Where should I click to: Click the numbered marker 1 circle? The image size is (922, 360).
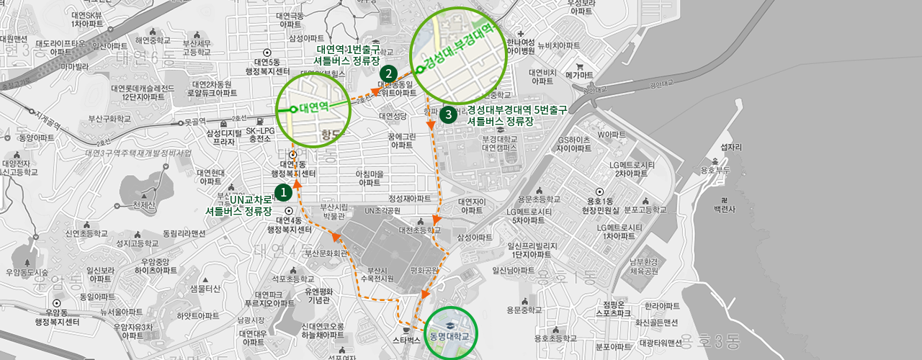click(284, 192)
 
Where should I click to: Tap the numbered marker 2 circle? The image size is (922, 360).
click(388, 73)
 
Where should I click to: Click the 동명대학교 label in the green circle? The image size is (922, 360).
click(449, 336)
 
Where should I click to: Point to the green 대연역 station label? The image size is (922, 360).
click(314, 107)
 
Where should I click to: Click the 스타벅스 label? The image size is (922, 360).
click(406, 339)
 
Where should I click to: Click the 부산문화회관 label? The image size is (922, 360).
click(326, 253)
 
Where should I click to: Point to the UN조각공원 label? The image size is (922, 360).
click(382, 211)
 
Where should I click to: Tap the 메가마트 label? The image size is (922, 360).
click(579, 75)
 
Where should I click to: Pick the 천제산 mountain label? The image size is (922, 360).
click(144, 205)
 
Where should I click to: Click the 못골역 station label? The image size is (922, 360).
click(195, 122)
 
